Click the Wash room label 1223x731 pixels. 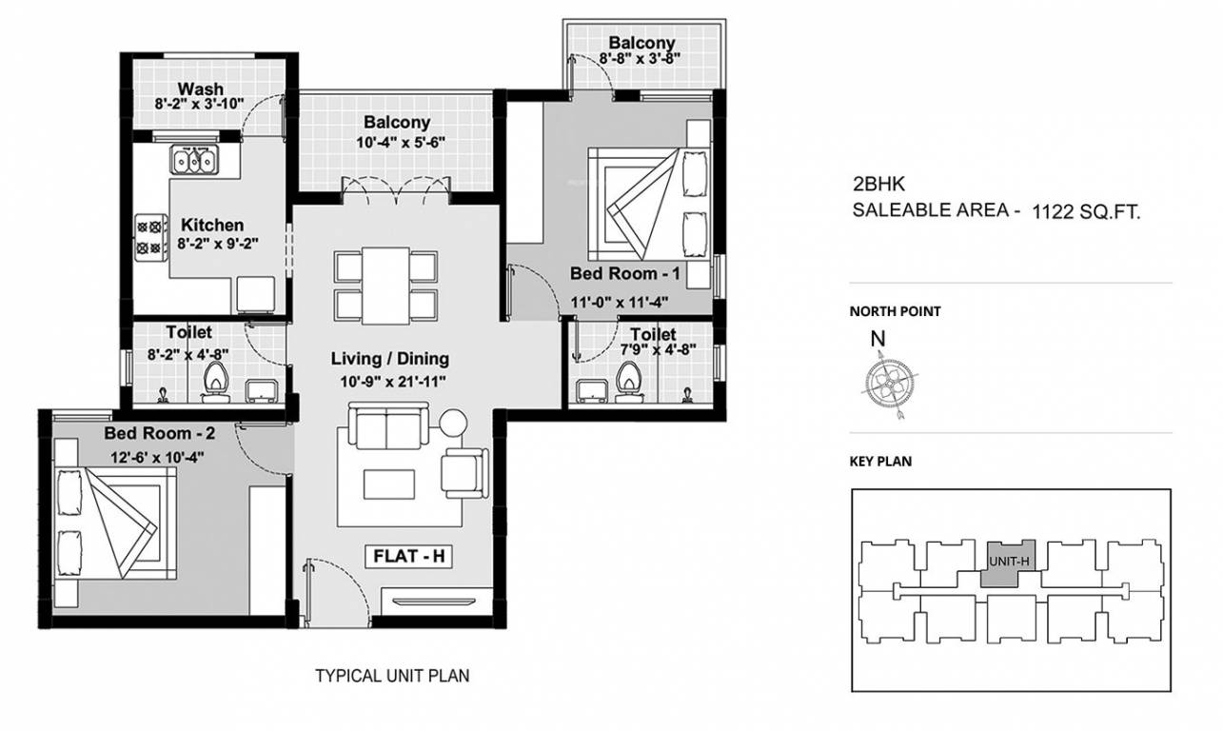tap(200, 89)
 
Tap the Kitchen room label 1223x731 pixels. tap(212, 226)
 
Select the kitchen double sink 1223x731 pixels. tap(195, 160)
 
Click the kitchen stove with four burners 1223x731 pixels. tap(150, 237)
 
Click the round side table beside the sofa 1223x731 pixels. tap(453, 424)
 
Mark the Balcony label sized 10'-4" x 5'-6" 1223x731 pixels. tap(397, 123)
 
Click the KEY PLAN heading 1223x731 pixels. tap(880, 462)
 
